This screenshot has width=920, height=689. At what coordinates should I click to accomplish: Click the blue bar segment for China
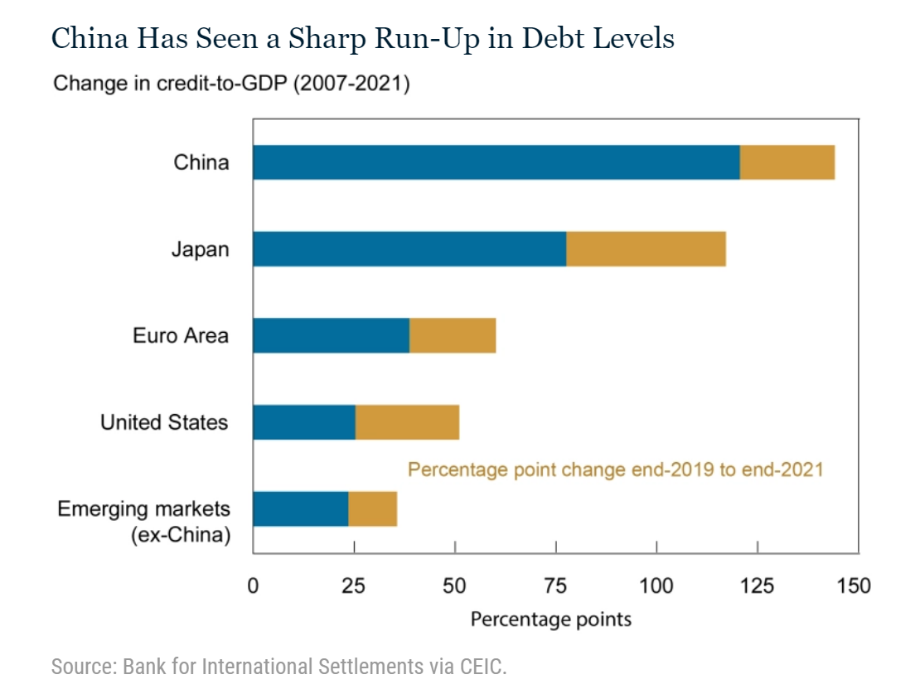(x=496, y=162)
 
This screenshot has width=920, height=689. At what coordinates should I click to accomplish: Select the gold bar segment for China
(x=787, y=162)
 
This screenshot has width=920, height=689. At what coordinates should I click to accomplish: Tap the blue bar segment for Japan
(x=409, y=249)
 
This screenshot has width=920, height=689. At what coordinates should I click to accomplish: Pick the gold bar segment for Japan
(x=646, y=249)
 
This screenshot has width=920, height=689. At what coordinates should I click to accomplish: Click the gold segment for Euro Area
(x=453, y=335)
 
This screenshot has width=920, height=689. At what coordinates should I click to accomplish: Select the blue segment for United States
(x=304, y=422)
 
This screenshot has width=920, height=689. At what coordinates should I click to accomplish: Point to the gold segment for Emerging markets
(x=372, y=508)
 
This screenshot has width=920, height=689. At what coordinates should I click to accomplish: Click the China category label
(x=201, y=162)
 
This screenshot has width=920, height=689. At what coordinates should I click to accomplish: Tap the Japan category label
(x=200, y=249)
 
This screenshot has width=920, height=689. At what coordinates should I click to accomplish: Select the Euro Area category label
(x=181, y=336)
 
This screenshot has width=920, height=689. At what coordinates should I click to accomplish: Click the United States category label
(x=164, y=422)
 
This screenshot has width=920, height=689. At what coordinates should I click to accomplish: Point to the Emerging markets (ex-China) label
(x=143, y=522)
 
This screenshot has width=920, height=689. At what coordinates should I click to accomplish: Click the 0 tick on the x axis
(x=253, y=586)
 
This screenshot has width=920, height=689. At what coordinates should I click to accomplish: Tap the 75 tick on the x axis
(x=555, y=586)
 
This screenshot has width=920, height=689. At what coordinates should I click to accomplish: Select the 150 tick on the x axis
(x=854, y=586)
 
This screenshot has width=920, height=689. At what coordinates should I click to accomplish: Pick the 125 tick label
(x=757, y=586)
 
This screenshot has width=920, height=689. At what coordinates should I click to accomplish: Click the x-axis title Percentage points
(x=551, y=619)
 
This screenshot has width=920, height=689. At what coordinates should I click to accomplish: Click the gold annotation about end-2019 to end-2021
(x=615, y=470)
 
